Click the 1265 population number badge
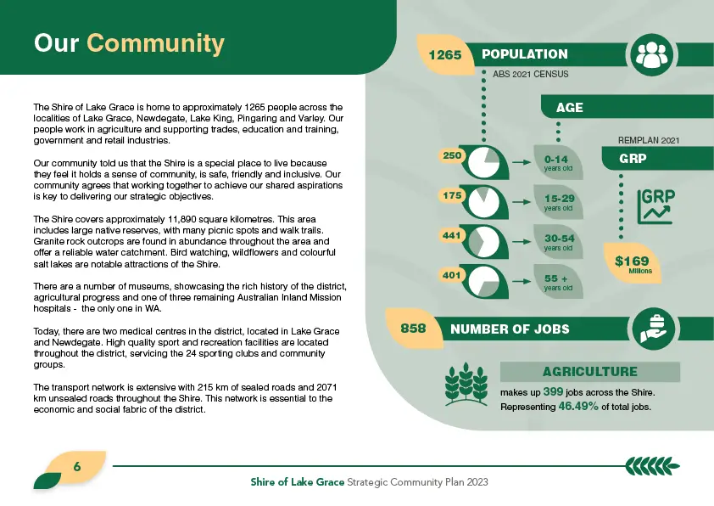(x=445, y=55)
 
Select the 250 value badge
(x=452, y=156)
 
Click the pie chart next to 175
(x=486, y=200)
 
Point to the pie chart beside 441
(x=486, y=240)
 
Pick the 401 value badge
(x=452, y=275)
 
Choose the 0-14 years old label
(x=559, y=162)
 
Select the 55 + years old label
(x=559, y=282)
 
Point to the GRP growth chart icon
(x=654, y=205)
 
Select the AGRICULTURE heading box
(x=589, y=372)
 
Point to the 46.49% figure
(x=578, y=407)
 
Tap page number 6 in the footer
(x=76, y=466)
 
